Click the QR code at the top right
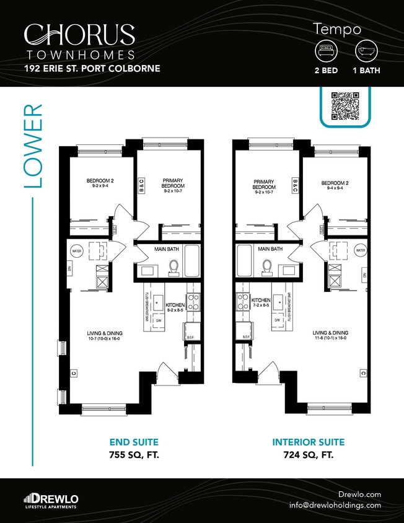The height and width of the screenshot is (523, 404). point(345,106)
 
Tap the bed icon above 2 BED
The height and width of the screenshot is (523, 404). point(326,50)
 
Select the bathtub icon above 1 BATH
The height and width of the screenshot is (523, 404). point(366,50)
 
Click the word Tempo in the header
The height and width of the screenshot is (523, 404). point(337,29)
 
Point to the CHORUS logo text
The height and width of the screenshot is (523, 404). point(79,35)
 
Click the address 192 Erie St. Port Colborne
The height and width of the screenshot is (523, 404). point(92,68)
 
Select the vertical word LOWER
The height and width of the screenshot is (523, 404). point(33,146)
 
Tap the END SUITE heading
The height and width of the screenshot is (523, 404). point(134,442)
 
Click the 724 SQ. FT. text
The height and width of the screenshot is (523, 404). point(308,455)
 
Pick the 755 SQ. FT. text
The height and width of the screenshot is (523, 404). point(134,455)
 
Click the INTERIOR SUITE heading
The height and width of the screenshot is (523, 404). point(308,442)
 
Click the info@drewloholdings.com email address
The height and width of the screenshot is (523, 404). point(335,505)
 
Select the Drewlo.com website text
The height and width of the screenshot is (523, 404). point(359,494)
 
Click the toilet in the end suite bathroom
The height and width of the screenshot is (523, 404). point(174,267)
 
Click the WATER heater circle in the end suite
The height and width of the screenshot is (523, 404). point(77,252)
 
